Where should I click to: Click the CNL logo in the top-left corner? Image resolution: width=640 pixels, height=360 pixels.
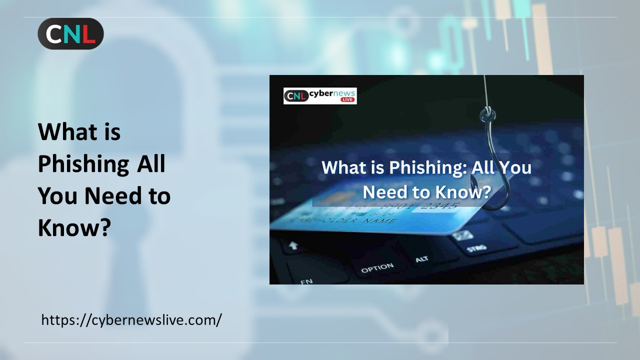(70, 33)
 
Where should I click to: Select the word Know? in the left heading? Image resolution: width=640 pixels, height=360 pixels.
(74, 227)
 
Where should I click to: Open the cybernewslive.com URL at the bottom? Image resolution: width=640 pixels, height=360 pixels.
(131, 319)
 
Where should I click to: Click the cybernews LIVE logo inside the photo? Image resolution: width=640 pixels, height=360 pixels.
(320, 95)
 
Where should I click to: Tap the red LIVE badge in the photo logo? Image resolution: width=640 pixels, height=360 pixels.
(347, 99)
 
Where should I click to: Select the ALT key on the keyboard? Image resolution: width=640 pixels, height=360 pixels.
(421, 259)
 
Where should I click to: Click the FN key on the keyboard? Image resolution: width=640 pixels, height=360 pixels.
(306, 281)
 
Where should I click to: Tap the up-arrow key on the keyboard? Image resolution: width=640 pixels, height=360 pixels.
(293, 245)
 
